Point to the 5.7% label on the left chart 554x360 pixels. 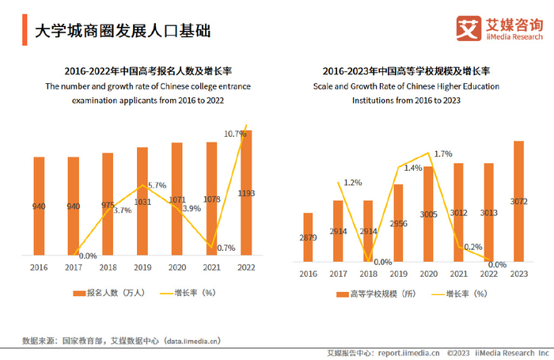pos(156,185)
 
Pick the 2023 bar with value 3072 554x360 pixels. pos(518,201)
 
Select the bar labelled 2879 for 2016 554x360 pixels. pos(308,236)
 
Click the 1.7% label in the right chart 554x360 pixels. pos(443,153)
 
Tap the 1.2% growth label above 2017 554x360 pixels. pos(353,183)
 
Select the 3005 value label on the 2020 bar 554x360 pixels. pos(428,214)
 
